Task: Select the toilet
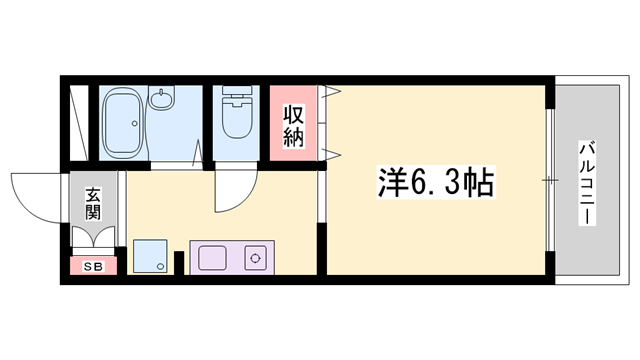tap(236, 116)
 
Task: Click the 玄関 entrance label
tap(92, 203)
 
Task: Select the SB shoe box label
tap(92, 266)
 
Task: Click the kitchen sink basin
tap(212, 258)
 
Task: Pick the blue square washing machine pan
tap(149, 257)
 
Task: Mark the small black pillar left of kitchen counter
tap(178, 263)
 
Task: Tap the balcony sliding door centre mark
tap(548, 180)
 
